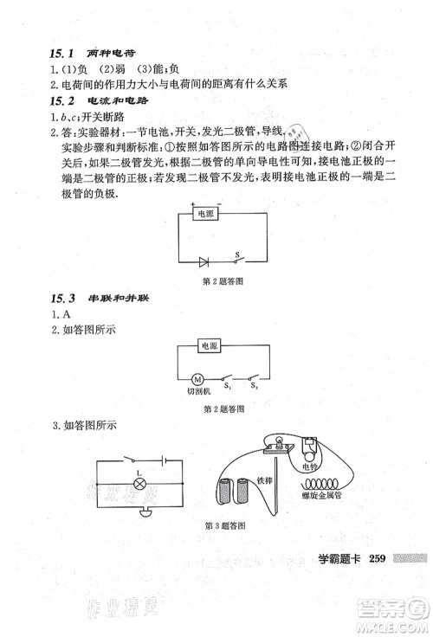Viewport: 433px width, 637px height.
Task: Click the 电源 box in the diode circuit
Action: coord(208,214)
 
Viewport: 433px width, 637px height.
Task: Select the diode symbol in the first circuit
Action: coord(204,260)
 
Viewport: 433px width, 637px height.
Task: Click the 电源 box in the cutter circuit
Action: coord(208,346)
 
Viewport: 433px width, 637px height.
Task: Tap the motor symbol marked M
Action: coord(197,378)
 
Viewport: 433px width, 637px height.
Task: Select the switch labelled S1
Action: coord(227,379)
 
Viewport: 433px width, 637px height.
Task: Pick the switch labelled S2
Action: coord(254,379)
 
